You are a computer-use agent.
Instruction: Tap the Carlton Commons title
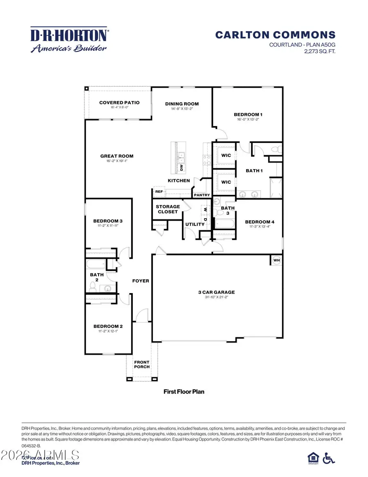click(x=275, y=35)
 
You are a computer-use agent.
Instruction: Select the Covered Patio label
click(x=119, y=102)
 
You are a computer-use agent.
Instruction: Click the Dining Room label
click(x=182, y=104)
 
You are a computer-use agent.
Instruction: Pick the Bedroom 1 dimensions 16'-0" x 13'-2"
click(x=247, y=119)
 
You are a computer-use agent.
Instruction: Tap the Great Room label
click(x=117, y=156)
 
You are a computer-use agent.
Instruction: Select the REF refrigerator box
click(x=158, y=191)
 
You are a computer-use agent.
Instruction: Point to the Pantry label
click(x=202, y=195)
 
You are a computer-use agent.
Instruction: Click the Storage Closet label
click(x=168, y=209)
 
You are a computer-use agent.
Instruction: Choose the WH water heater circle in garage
click(x=276, y=260)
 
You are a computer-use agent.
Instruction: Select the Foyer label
click(x=140, y=281)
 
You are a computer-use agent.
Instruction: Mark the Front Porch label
click(x=142, y=364)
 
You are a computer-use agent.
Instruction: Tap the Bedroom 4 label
click(x=260, y=222)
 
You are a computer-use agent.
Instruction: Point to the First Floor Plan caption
click(x=184, y=392)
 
